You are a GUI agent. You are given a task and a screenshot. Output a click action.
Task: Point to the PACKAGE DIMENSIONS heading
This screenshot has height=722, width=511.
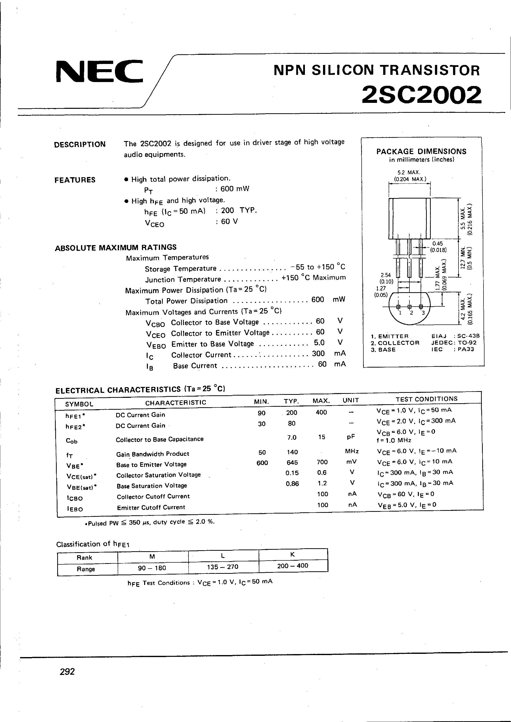click(421, 151)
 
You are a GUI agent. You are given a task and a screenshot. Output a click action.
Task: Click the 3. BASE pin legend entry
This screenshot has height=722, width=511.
click(383, 349)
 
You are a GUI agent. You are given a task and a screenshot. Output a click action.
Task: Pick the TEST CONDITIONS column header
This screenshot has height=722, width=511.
click(426, 399)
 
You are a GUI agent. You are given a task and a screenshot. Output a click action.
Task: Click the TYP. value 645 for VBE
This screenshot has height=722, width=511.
click(292, 462)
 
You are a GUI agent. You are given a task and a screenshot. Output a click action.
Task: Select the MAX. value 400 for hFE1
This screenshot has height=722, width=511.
click(321, 412)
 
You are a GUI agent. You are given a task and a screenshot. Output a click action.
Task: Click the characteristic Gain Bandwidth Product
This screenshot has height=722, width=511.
click(153, 454)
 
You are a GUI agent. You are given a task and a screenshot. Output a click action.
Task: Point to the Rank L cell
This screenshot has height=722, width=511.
click(223, 556)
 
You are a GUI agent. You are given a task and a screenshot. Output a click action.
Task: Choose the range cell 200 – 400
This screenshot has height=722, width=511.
click(293, 566)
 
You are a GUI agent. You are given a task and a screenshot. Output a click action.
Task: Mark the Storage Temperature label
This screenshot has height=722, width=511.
click(180, 269)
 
